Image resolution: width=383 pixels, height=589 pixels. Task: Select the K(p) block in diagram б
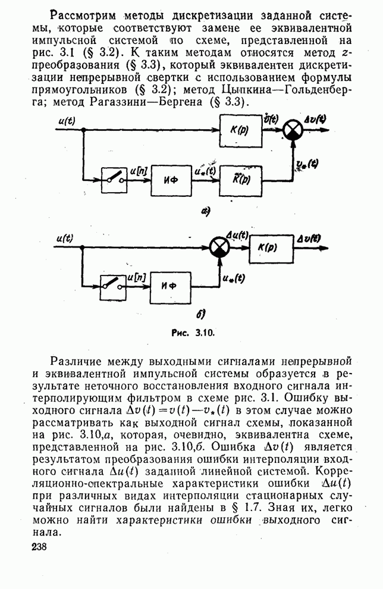271,248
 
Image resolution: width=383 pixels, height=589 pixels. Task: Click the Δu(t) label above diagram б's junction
237,236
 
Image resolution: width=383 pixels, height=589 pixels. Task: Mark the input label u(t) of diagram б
65,238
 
